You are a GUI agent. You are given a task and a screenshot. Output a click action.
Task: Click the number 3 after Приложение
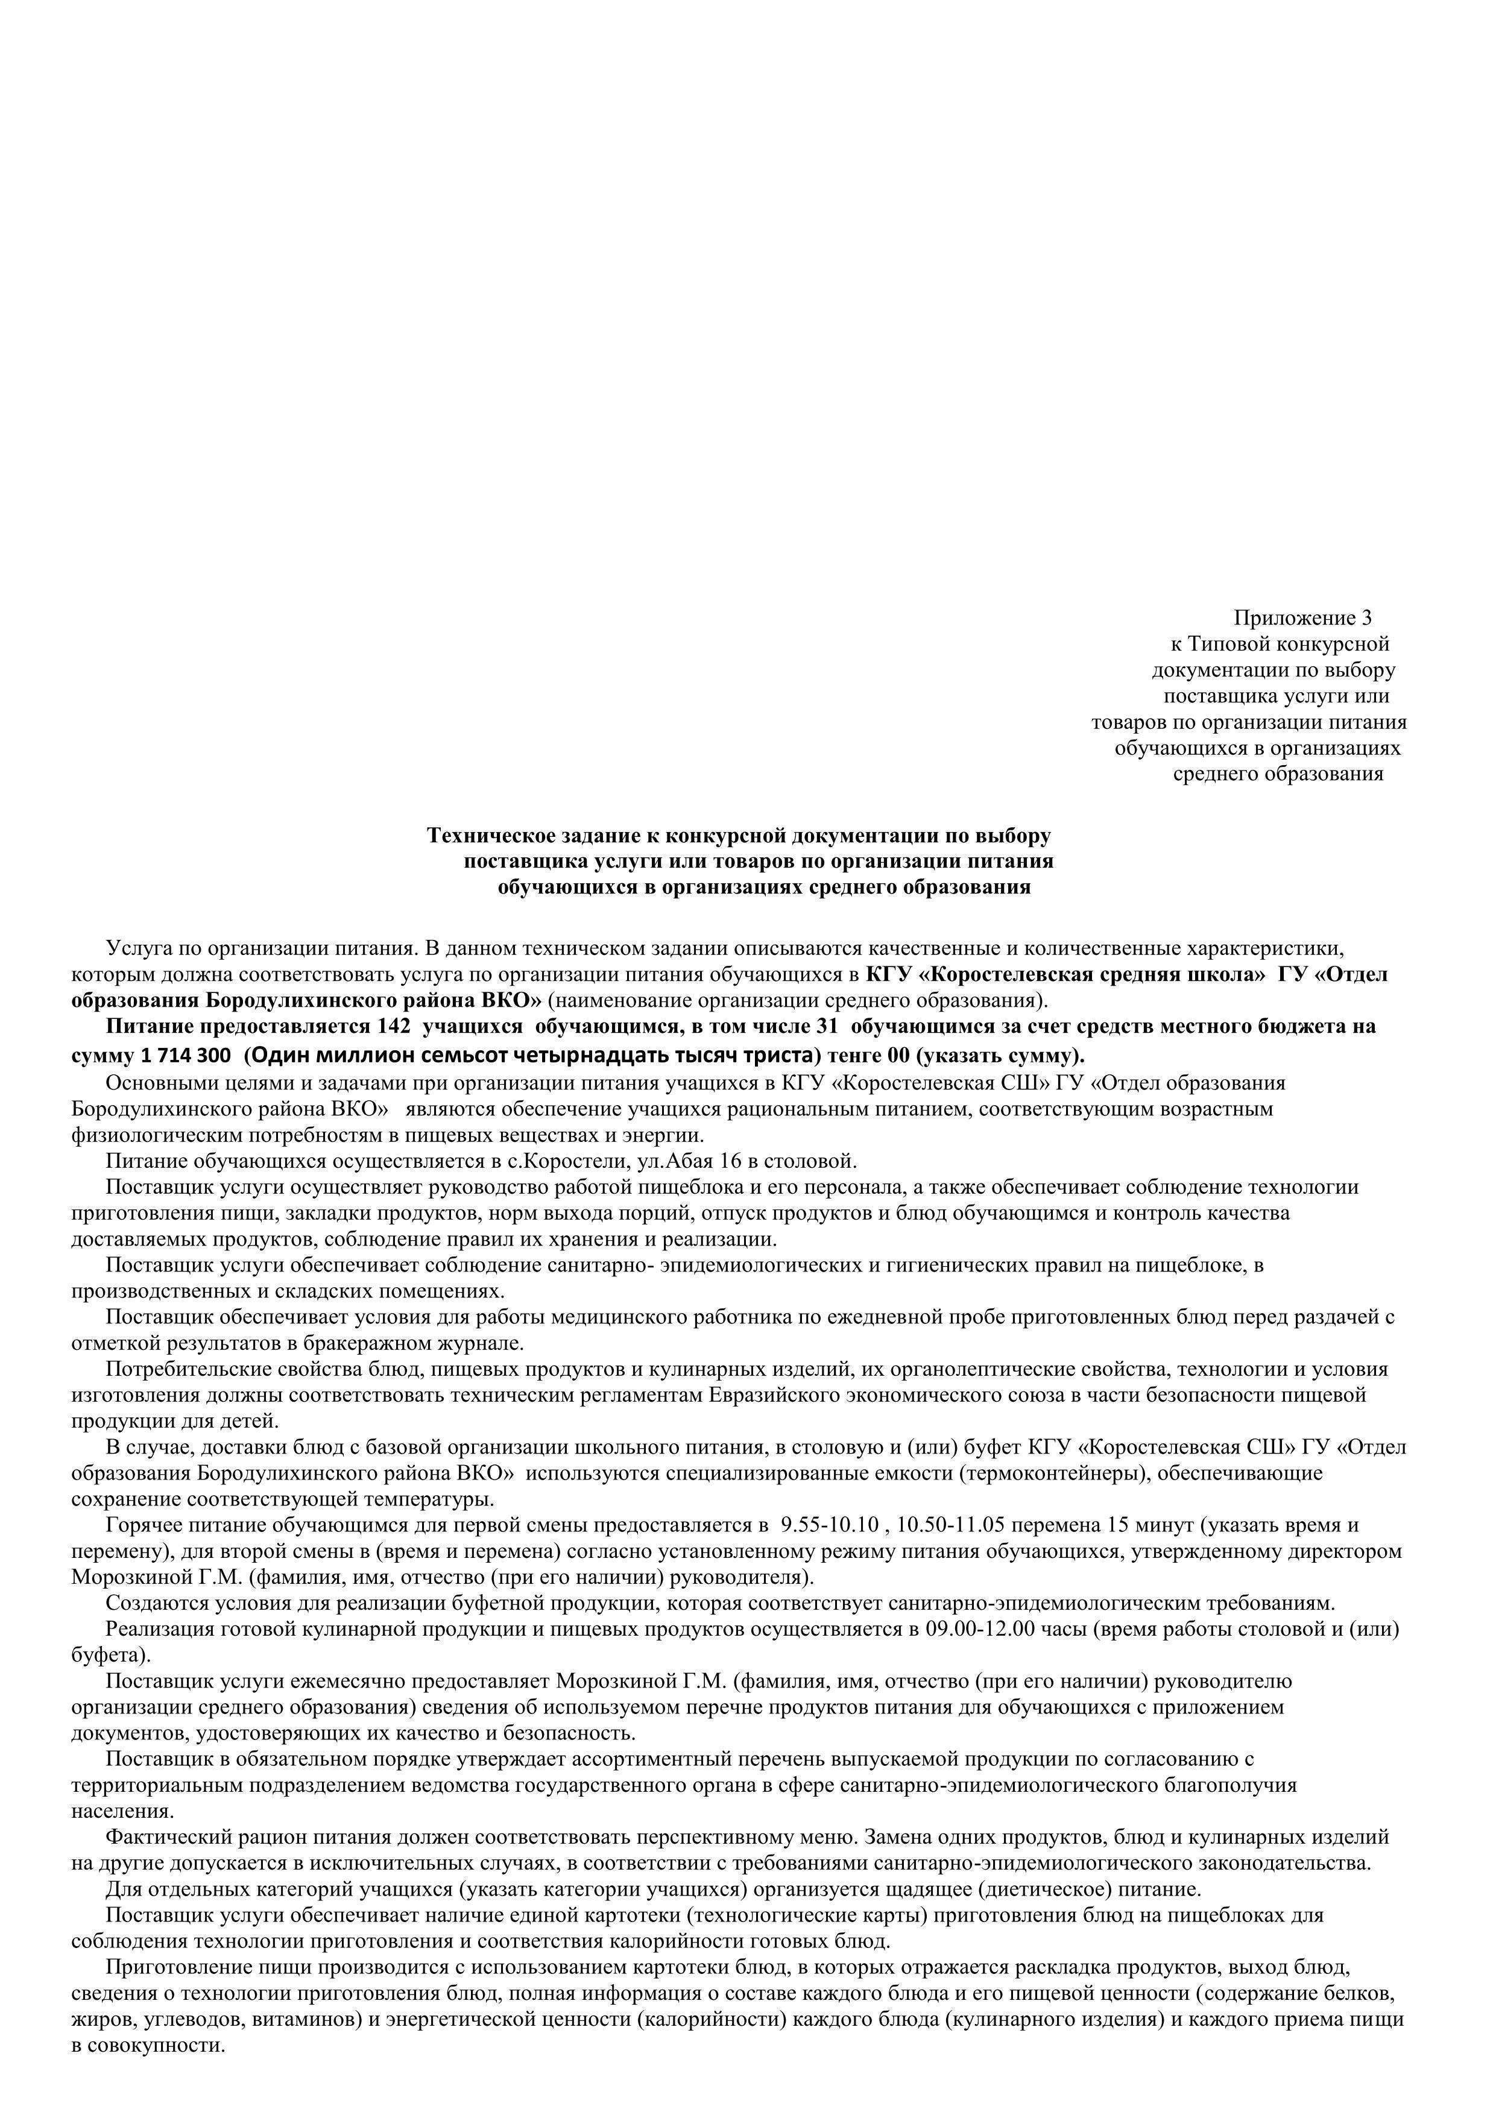point(1366,617)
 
